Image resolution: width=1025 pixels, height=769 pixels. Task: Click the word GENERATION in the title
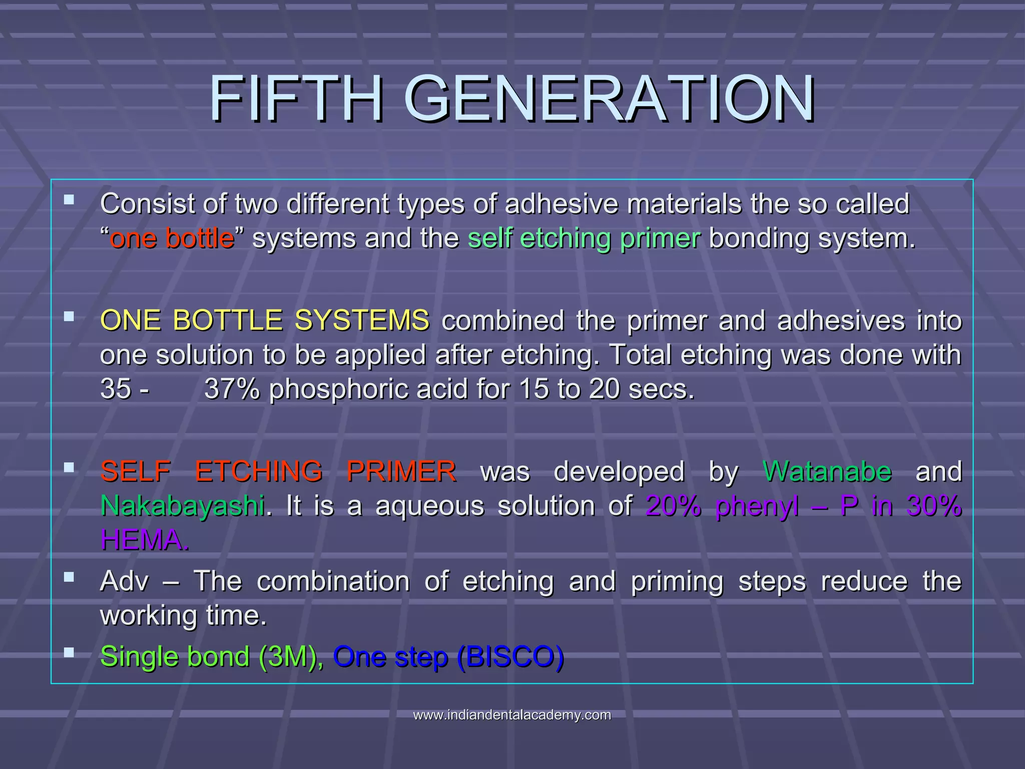(609, 99)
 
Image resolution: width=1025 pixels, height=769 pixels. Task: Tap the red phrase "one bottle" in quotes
(172, 238)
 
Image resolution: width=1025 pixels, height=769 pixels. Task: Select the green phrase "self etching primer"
(584, 238)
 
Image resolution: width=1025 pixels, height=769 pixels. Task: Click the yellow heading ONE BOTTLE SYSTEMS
(264, 320)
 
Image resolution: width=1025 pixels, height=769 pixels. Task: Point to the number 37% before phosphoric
(231, 389)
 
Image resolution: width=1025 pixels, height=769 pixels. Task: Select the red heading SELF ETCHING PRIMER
(278, 472)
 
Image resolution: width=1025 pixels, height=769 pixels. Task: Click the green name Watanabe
(827, 472)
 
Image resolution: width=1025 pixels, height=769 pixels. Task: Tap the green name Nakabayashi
(183, 506)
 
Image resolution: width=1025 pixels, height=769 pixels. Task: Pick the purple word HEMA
(144, 540)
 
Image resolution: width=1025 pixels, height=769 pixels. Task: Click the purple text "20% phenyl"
(722, 506)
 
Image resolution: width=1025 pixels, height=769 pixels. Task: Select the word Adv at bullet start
(125, 581)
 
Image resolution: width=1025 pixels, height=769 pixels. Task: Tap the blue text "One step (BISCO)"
(448, 656)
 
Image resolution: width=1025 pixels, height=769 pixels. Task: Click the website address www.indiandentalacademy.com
(512, 715)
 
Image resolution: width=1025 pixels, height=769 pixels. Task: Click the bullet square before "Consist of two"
(69, 200)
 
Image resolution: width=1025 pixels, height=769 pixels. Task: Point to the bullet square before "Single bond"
(69, 652)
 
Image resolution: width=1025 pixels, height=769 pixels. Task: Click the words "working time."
(183, 615)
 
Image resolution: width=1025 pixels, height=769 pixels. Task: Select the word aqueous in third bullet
(429, 506)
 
